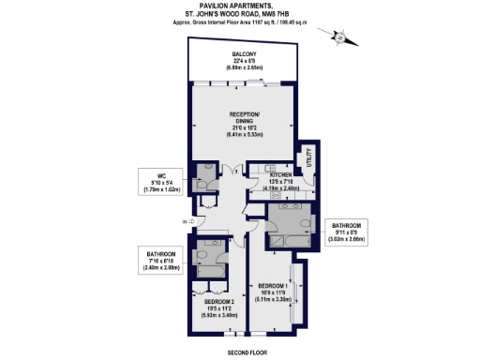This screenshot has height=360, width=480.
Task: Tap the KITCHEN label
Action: (x=284, y=175)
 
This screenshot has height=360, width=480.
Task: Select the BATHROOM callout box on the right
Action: (x=347, y=232)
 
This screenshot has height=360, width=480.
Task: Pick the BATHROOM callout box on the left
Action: (x=156, y=260)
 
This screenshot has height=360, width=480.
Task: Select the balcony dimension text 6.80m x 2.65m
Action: (x=246, y=68)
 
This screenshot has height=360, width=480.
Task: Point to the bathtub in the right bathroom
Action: (x=287, y=242)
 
